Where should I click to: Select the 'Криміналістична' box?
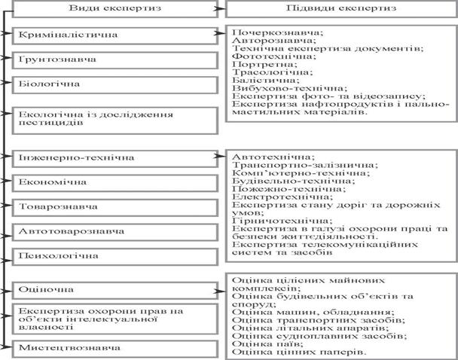click(111, 35)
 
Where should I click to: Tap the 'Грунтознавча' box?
click(111, 59)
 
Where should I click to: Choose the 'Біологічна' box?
click(111, 83)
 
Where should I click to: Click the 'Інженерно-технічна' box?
click(111, 157)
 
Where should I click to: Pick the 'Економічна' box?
click(111, 182)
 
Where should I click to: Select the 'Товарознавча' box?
click(111, 206)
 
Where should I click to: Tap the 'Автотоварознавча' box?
click(111, 230)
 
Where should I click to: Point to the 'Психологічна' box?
click(111, 256)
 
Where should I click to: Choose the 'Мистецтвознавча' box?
click(111, 347)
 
